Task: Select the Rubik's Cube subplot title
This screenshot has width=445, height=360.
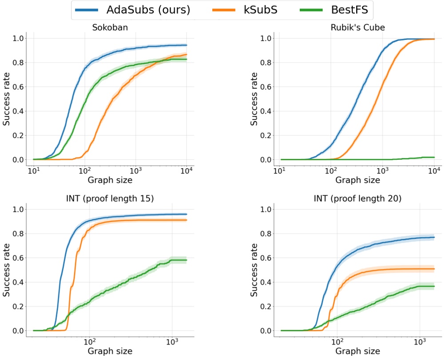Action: (358, 28)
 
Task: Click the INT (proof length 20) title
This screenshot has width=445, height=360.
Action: (358, 198)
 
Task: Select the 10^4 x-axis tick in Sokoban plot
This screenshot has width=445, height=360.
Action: (187, 170)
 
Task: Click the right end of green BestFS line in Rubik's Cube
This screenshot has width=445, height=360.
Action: (434, 157)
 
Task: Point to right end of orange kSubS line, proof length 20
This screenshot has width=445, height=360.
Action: (434, 269)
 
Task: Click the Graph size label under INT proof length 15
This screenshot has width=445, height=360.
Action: (110, 351)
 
